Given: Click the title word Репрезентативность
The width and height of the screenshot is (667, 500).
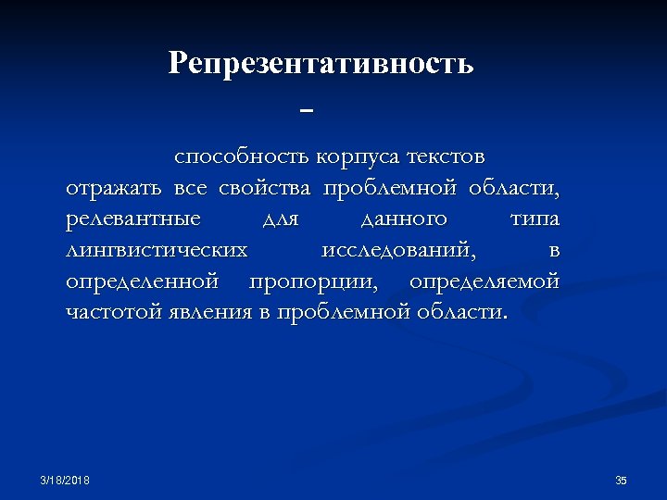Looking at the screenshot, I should click(x=321, y=64).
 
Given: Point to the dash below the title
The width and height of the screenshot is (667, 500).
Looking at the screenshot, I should click(x=308, y=110).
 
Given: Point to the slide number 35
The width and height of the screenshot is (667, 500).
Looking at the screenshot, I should click(x=621, y=480).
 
